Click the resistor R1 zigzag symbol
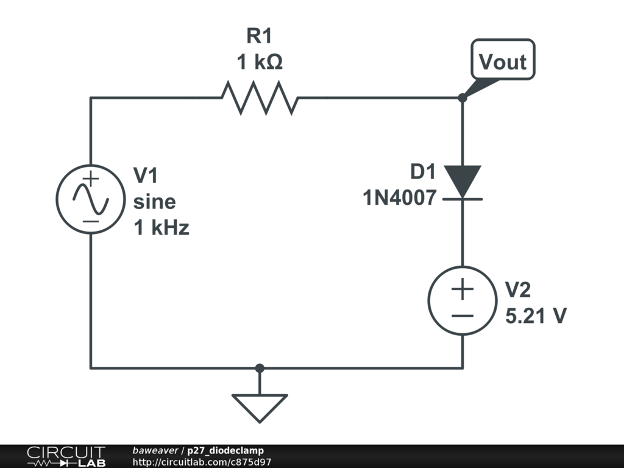coord(260,98)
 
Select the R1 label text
coord(260,36)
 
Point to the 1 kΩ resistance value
coord(260,62)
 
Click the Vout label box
coord(503,59)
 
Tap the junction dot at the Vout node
coord(463,97)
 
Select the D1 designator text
coord(423,171)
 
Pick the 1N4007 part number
coord(400,198)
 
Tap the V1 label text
coord(146,175)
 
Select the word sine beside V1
coord(154,202)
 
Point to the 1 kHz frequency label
coord(161,228)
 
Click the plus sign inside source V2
coord(463,289)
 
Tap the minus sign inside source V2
coord(463,316)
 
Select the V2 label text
coord(518,289)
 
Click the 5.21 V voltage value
coord(536,316)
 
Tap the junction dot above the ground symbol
coord(260,368)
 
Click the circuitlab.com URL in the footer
coord(202,462)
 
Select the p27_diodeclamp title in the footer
coord(225,450)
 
